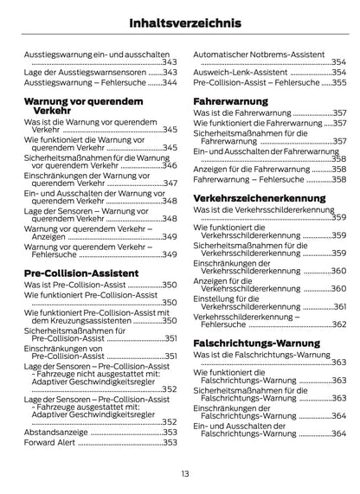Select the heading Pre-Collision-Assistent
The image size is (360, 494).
click(81, 273)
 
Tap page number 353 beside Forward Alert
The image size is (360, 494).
click(170, 442)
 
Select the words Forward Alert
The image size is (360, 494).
click(49, 442)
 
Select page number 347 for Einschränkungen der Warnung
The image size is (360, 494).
click(170, 183)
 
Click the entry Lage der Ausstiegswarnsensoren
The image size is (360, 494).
click(79, 73)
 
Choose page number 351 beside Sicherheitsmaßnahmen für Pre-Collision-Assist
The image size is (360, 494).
click(170, 338)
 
